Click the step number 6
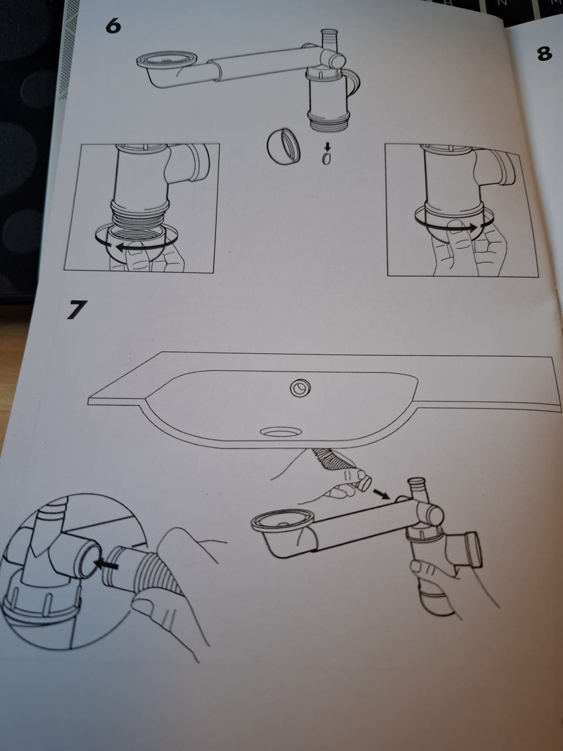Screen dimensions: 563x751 click(x=113, y=26)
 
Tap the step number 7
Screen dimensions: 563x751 click(x=75, y=310)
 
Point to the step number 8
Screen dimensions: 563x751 click(x=545, y=54)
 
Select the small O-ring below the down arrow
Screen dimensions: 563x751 click(x=327, y=158)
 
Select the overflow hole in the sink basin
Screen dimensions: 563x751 click(x=300, y=388)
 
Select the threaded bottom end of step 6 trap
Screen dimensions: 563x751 click(x=329, y=121)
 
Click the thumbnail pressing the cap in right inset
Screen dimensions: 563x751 click(x=453, y=225)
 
